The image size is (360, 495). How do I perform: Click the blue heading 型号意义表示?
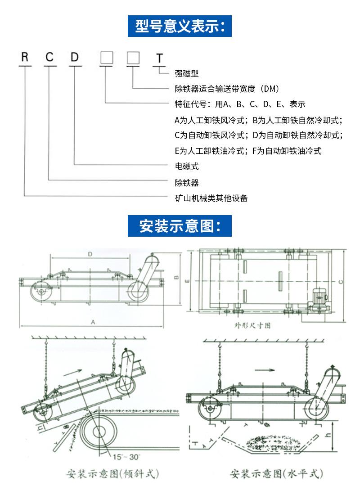click(x=180, y=26)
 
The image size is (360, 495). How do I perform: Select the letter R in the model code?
click(x=25, y=57)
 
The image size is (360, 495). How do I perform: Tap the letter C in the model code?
click(x=49, y=57)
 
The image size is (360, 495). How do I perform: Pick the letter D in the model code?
click(x=75, y=57)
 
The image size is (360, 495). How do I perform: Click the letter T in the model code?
click(x=159, y=59)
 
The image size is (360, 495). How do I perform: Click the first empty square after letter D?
click(x=106, y=58)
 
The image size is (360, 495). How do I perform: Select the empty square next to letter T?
click(x=133, y=58)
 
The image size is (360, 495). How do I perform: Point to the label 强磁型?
click(x=186, y=73)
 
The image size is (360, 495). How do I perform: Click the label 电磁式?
click(x=186, y=166)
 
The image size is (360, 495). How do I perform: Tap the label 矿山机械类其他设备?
click(x=211, y=198)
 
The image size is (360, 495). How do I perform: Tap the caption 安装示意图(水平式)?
click(x=276, y=473)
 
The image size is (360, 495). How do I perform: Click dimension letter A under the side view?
click(x=93, y=322)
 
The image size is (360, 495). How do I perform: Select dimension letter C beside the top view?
click(x=341, y=281)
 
